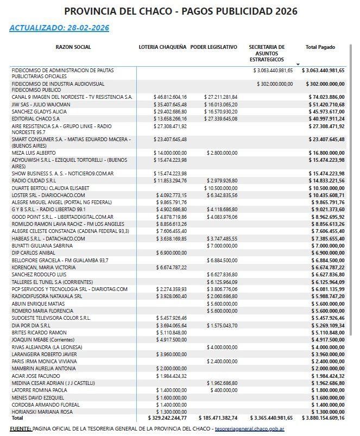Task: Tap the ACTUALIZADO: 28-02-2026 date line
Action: tap(59, 28)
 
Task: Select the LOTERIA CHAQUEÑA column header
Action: tap(162, 47)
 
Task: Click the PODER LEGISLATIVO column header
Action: tap(214, 47)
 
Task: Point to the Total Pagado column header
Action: tap(320, 47)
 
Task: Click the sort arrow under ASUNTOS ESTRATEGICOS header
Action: tap(298, 65)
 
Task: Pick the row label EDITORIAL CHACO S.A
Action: tap(35, 118)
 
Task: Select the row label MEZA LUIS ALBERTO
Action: tap(34, 153)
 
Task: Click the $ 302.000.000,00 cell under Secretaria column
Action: tap(275, 84)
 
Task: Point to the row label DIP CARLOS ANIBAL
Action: tap(33, 253)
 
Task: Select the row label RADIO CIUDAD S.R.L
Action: tap(34, 180)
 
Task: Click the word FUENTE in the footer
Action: tap(20, 429)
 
